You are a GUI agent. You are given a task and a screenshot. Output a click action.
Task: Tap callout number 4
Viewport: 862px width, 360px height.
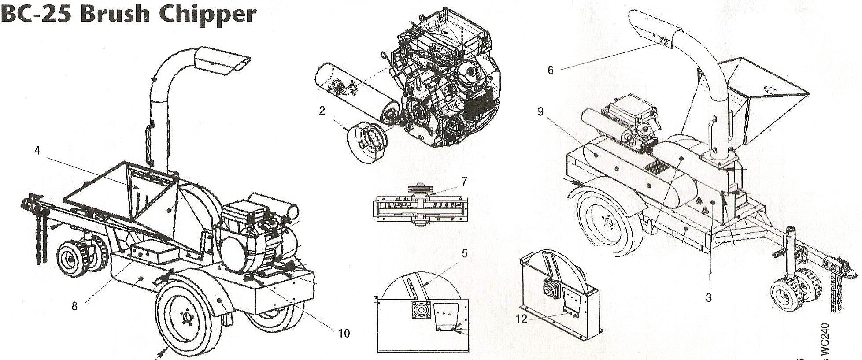(x=37, y=151)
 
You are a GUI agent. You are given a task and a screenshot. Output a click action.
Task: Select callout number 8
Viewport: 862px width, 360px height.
(x=74, y=305)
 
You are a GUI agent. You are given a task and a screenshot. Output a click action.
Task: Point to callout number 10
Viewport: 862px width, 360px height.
(x=344, y=333)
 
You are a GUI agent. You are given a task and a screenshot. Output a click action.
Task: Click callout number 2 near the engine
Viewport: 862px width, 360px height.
(x=322, y=111)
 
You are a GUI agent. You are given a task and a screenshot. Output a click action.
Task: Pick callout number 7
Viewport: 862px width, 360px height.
(x=464, y=181)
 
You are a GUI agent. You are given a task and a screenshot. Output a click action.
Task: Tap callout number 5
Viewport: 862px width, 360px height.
(x=464, y=253)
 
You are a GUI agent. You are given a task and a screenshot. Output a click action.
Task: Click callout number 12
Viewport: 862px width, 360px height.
(x=521, y=319)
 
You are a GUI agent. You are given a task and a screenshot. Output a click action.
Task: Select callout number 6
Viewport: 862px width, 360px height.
(x=551, y=70)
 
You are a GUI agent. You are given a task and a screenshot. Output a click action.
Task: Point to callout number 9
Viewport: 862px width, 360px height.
(x=540, y=112)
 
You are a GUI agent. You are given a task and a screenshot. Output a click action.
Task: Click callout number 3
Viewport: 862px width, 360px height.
(x=708, y=298)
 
